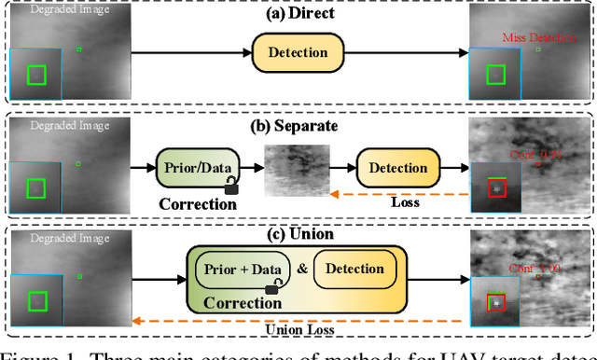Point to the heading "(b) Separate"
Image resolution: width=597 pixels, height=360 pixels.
point(298,126)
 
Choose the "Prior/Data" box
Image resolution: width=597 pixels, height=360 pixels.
point(196,169)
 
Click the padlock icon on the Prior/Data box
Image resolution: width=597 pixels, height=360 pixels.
point(231,188)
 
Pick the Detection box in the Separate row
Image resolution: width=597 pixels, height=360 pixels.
point(398,169)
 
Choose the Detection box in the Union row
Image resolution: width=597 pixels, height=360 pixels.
point(355,270)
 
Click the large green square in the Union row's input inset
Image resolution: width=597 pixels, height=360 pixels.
point(36,301)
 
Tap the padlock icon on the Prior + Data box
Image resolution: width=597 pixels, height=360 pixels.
point(271,289)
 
